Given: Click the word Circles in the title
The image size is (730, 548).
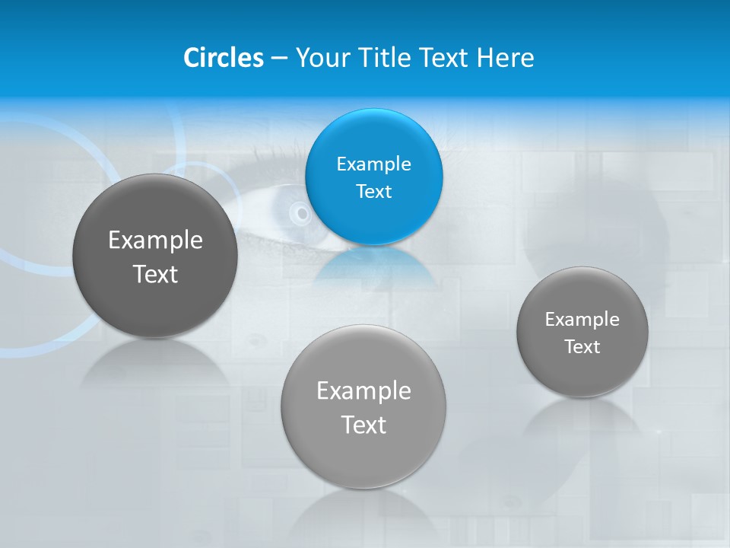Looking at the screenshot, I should click(223, 58).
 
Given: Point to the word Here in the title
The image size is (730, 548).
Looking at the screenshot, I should click(506, 58).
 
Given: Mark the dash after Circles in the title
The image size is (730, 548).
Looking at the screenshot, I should click(278, 59).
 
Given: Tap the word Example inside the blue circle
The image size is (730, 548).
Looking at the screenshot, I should click(374, 164).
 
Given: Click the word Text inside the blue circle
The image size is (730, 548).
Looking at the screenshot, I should click(374, 192).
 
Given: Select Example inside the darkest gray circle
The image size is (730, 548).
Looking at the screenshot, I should click(155, 241).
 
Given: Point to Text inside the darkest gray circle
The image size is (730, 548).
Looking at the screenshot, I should click(155, 274).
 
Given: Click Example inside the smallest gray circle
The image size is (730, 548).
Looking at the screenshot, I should click(582, 320).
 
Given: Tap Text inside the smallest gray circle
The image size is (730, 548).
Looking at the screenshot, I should click(582, 347).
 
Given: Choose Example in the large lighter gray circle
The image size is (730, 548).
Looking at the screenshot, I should click(363, 391).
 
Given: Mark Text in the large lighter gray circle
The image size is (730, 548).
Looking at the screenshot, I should click(363, 425).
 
